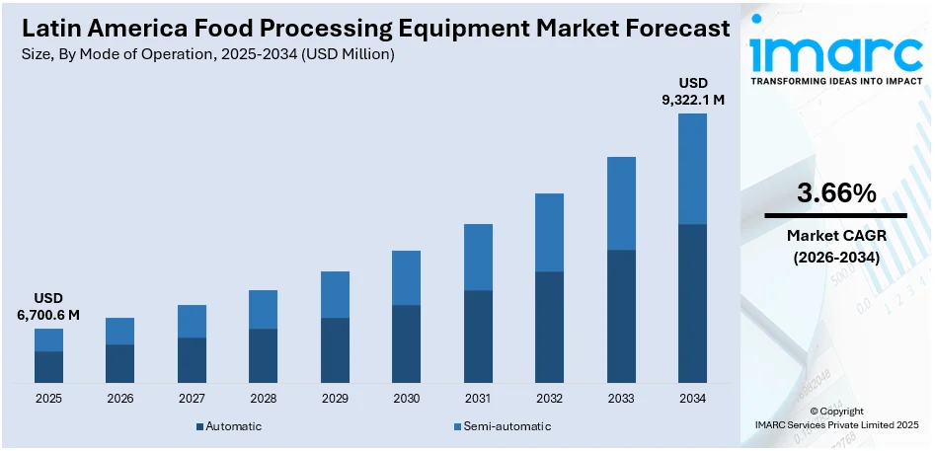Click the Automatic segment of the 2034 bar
pos(692,303)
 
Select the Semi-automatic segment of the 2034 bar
pos(692,169)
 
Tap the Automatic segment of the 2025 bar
pos(49,367)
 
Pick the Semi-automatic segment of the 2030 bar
pos(406,277)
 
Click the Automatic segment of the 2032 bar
pos(549,327)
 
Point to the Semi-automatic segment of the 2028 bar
pos(263,309)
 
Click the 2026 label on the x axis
pos(120,399)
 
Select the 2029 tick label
pos(335,399)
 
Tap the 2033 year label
pos(621,399)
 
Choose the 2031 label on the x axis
pos(478,399)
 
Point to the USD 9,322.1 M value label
pos(692,91)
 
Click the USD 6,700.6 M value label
pos(48,306)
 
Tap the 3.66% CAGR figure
pos(836,194)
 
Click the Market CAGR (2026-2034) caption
pos(836,246)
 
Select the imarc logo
pos(835,49)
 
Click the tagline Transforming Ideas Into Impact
pos(835,82)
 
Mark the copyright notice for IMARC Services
pos(836,417)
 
